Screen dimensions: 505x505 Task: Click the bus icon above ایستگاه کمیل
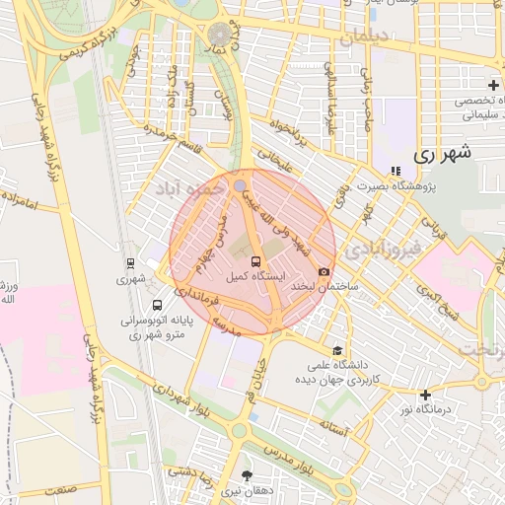pos(256,262)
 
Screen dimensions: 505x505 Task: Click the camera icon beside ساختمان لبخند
pos(324,271)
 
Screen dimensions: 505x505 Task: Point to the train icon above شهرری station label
pos(130,264)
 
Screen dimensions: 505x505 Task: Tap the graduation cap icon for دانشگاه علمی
pos(338,350)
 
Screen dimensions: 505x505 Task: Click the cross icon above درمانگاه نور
pos(425,396)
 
